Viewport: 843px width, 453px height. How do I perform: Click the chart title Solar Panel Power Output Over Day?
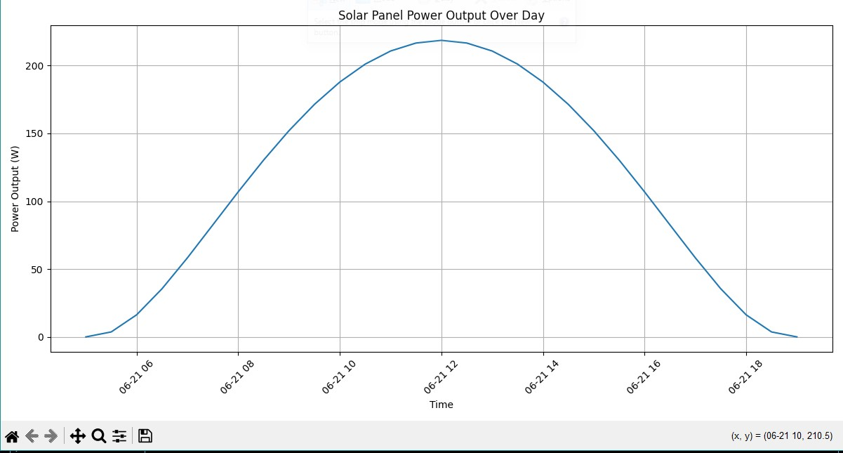click(441, 15)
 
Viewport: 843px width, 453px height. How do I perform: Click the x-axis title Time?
click(441, 405)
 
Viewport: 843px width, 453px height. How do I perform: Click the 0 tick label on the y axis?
click(40, 338)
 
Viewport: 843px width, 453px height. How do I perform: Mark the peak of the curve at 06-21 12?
click(442, 40)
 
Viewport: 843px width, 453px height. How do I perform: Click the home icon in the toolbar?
click(12, 436)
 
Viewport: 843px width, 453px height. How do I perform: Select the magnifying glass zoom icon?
click(99, 436)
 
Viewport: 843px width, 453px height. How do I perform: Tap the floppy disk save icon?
click(145, 436)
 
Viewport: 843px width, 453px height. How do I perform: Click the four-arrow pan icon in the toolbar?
click(78, 436)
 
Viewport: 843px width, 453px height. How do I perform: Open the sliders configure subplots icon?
click(119, 436)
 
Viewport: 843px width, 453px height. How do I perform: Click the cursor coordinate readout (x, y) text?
click(781, 436)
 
